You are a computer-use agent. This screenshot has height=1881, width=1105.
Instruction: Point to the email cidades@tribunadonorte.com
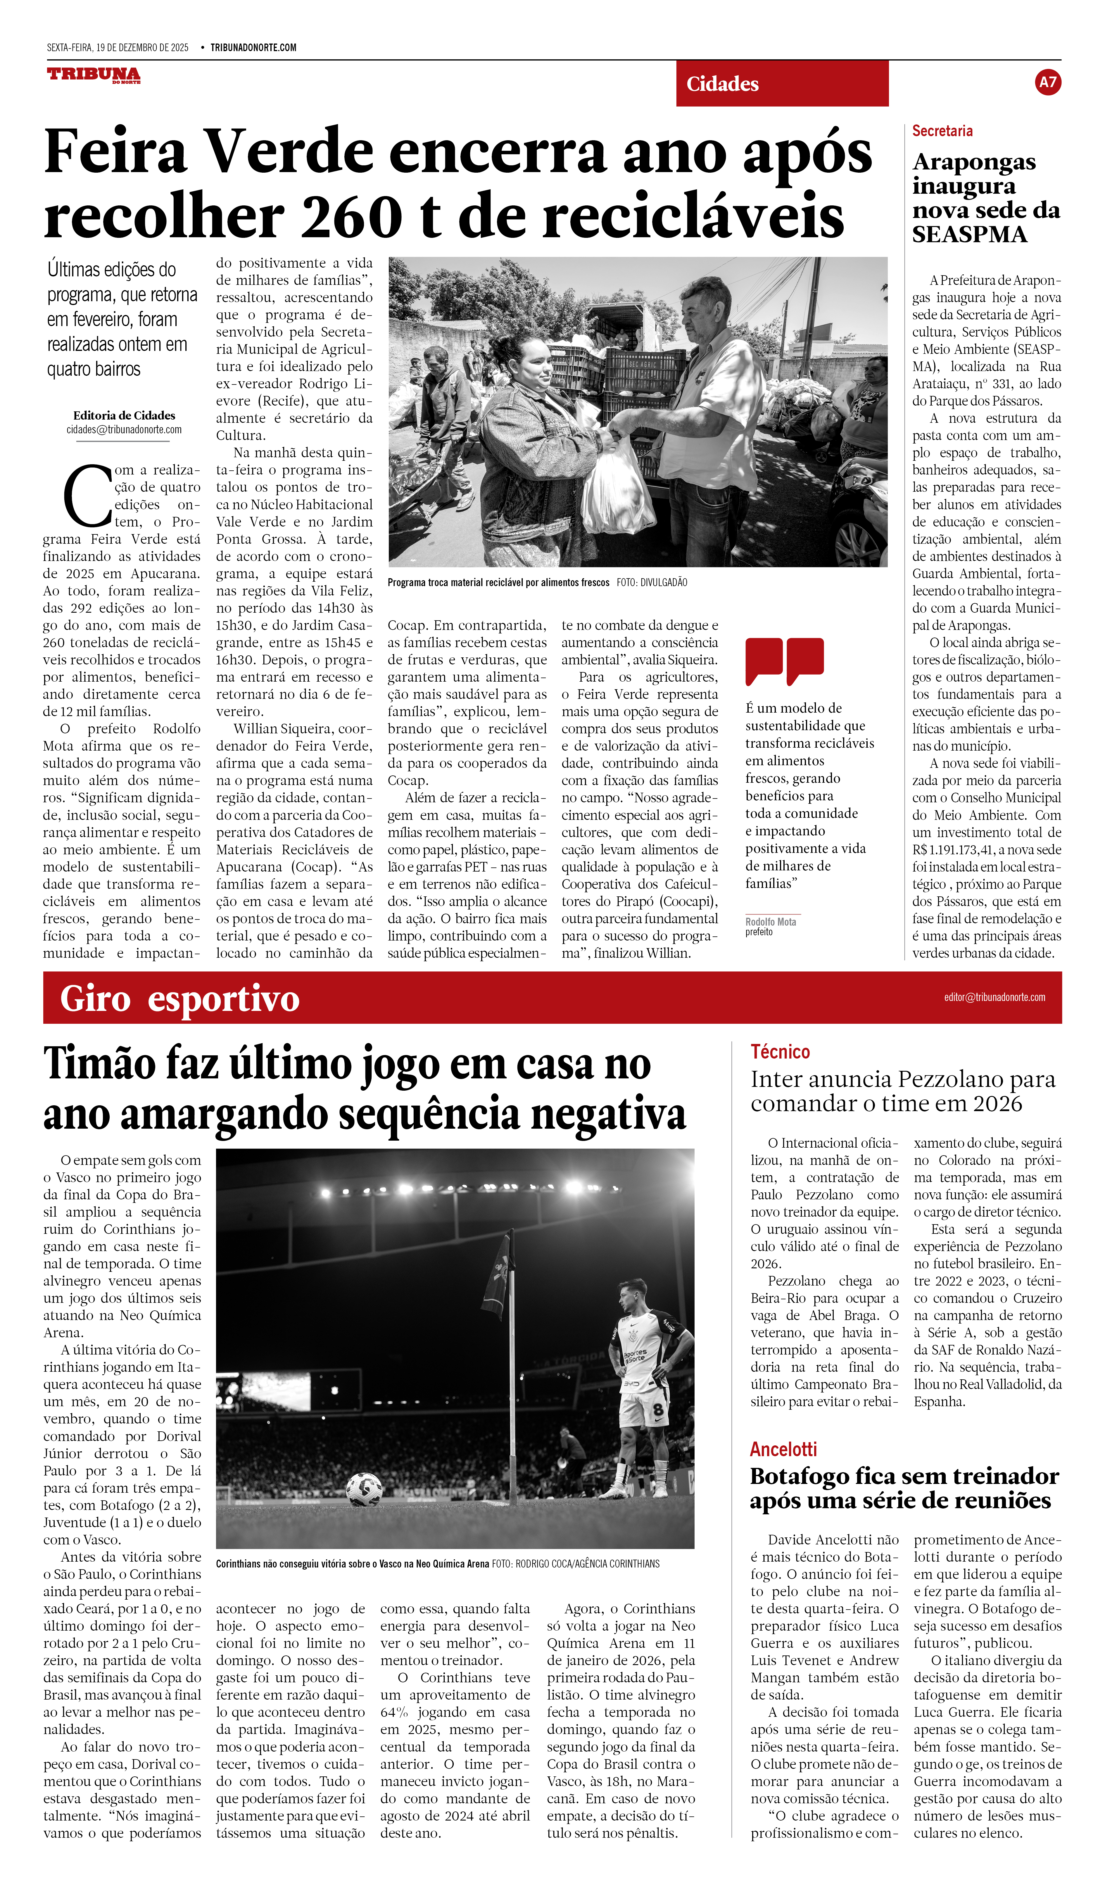pyautogui.click(x=124, y=430)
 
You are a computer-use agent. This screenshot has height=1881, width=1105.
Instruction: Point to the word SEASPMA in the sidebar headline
pyautogui.click(x=969, y=235)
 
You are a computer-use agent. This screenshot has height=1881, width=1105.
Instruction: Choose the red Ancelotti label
pyautogui.click(x=783, y=1449)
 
